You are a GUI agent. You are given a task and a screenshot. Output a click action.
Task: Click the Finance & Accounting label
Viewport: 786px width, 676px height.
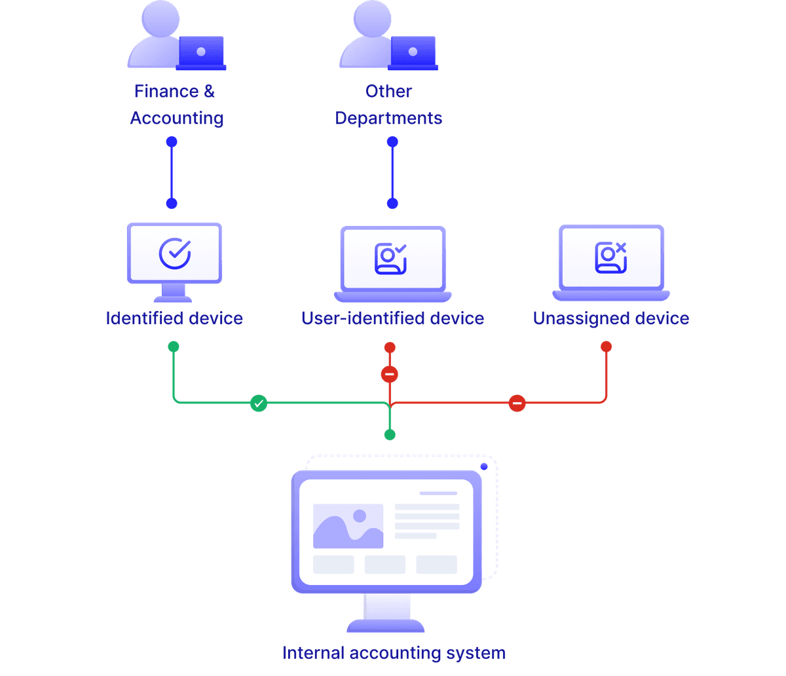pyautogui.click(x=176, y=105)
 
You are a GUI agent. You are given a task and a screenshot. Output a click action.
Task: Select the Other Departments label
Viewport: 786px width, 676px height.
pyautogui.click(x=389, y=105)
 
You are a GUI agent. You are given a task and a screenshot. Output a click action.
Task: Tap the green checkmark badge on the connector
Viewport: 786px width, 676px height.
pyautogui.click(x=259, y=404)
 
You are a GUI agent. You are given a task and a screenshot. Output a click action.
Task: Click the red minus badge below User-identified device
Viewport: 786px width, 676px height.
pyautogui.click(x=390, y=375)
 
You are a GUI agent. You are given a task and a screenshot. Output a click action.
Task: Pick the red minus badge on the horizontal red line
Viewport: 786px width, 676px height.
pyautogui.click(x=517, y=404)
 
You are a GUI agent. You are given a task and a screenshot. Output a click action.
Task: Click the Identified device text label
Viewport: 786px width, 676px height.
pyautogui.click(x=174, y=318)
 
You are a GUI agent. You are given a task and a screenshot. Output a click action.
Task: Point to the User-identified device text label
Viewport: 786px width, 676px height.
pyautogui.click(x=392, y=318)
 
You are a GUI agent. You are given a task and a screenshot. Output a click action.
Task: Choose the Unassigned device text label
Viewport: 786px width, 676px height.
pyautogui.click(x=610, y=318)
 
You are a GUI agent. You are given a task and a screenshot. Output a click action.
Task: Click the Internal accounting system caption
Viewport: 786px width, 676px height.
pyautogui.click(x=393, y=653)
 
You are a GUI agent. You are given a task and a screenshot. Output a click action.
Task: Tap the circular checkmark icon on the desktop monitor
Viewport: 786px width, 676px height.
pyautogui.click(x=175, y=254)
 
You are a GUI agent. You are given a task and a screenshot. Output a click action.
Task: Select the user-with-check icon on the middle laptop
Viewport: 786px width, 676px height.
pyautogui.click(x=391, y=257)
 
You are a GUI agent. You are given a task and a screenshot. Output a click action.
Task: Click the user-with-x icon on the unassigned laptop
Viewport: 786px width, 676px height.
pyautogui.click(x=610, y=257)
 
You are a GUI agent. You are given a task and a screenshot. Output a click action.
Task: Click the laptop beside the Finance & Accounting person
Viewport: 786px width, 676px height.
pyautogui.click(x=202, y=52)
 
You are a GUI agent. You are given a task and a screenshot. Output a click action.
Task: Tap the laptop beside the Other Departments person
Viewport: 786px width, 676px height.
pyautogui.click(x=413, y=52)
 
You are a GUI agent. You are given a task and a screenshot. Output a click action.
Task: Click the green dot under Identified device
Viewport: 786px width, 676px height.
pyautogui.click(x=174, y=347)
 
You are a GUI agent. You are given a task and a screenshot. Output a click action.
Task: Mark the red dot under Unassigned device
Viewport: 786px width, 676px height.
pyautogui.click(x=606, y=346)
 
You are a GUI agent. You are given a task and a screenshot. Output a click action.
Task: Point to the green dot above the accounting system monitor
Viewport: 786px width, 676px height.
pyautogui.click(x=390, y=435)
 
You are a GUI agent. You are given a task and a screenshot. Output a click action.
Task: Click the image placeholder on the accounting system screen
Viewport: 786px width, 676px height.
pyautogui.click(x=348, y=526)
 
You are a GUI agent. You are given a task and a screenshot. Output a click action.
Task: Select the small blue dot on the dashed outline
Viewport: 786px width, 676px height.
pyautogui.click(x=484, y=466)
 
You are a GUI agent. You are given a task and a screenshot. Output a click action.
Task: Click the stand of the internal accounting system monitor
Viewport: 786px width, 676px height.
pyautogui.click(x=386, y=612)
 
